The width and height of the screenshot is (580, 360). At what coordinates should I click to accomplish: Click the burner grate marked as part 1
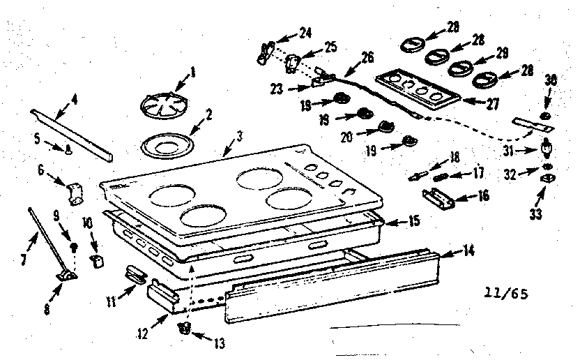[x=160, y=108]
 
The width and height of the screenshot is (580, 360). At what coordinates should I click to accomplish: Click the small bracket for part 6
[x=75, y=191]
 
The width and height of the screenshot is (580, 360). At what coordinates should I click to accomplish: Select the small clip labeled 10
[x=98, y=260]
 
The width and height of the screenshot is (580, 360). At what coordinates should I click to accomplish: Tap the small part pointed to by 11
[x=135, y=273]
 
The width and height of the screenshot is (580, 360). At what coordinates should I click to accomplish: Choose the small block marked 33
[x=547, y=179]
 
